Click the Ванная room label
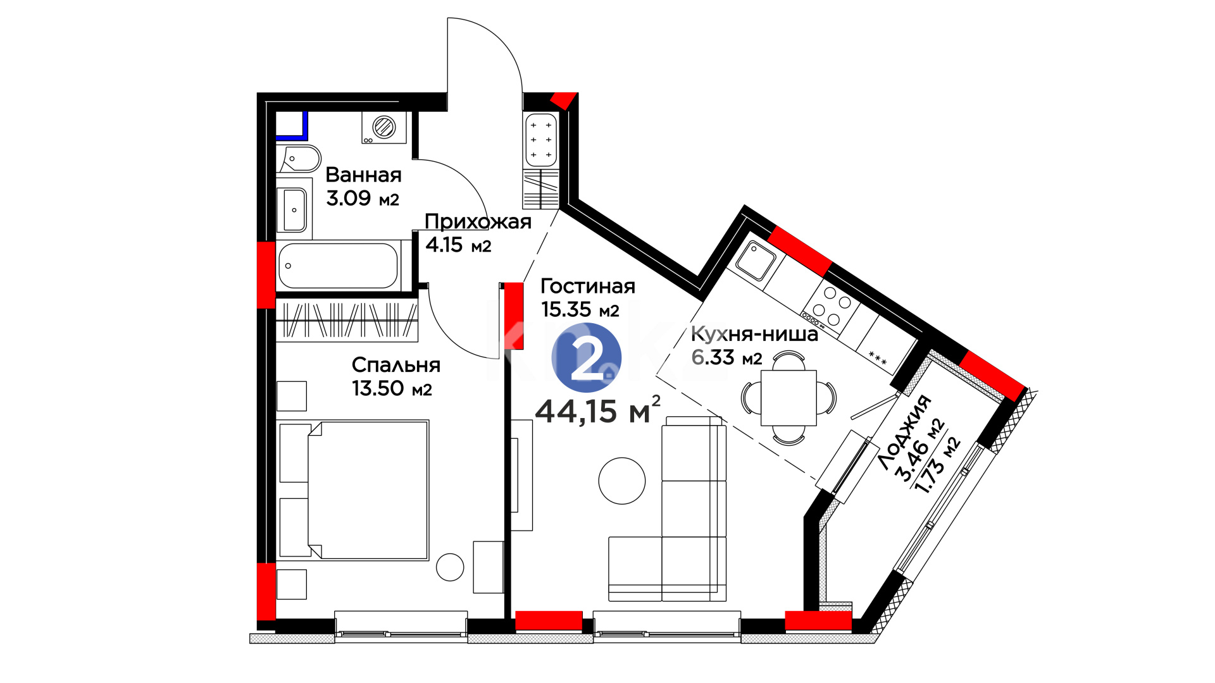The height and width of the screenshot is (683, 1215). click(363, 175)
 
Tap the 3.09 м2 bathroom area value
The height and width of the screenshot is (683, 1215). click(363, 198)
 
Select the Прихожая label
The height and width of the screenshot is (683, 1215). click(478, 221)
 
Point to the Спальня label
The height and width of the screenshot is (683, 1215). click(396, 365)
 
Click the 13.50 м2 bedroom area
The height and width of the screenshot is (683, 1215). click(392, 388)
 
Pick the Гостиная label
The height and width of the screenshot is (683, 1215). click(588, 286)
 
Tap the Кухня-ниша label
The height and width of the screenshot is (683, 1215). click(754, 334)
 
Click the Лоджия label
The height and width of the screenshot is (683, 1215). click(904, 432)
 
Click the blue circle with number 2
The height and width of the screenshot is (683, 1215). click(587, 357)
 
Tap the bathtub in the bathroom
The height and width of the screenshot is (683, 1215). click(339, 266)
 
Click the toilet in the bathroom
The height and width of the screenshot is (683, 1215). click(299, 159)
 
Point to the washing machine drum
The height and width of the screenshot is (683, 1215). click(384, 127)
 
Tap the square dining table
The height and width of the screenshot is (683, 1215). click(788, 398)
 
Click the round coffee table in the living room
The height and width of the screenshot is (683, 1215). click(622, 481)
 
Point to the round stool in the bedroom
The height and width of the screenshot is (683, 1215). click(450, 567)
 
